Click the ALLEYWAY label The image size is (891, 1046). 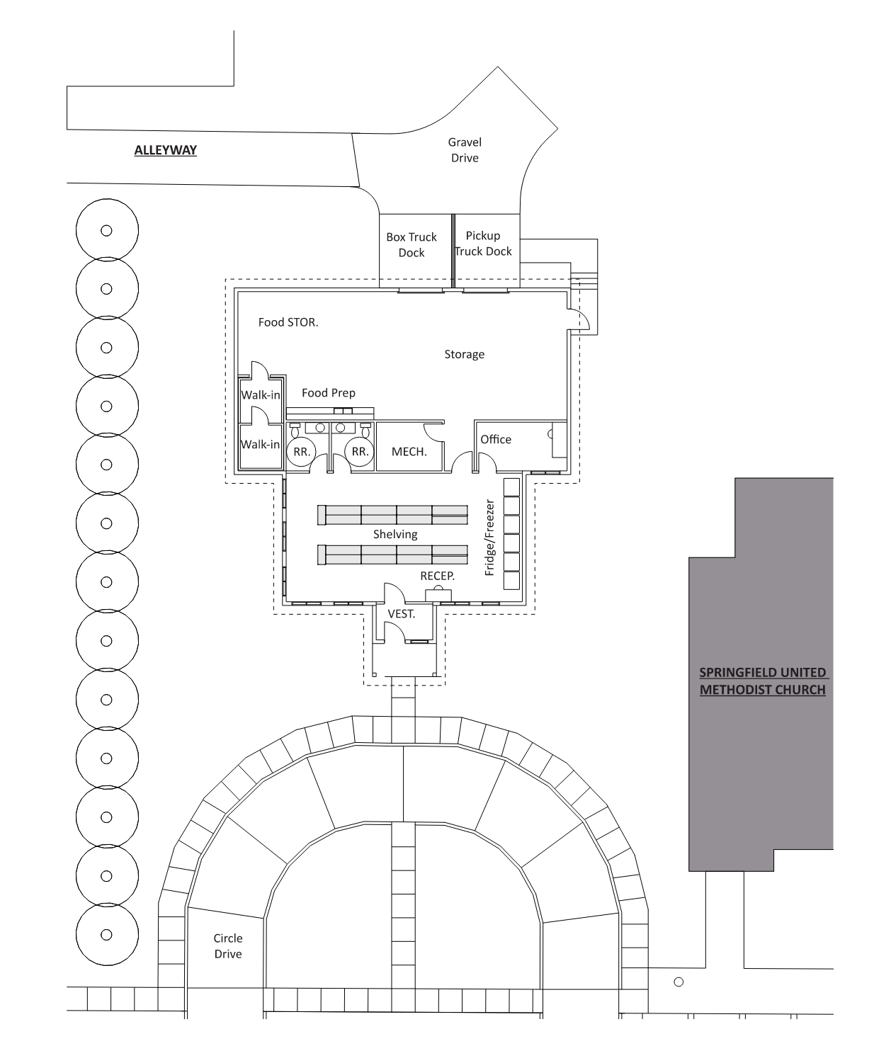(165, 150)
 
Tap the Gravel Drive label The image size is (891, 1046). (464, 150)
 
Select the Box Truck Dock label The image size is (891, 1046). (411, 245)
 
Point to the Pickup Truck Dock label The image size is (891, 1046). (483, 244)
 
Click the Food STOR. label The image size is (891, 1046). (288, 322)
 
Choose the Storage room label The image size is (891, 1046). (464, 354)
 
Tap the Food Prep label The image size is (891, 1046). (329, 393)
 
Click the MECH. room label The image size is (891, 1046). (409, 451)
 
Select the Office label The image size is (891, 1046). (496, 439)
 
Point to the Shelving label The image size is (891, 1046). (395, 535)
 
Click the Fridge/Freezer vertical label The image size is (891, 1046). (489, 538)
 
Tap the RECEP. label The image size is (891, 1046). (438, 576)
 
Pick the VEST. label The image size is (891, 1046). (402, 614)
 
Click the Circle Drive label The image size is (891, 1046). (228, 946)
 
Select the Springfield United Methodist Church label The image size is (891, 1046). (762, 681)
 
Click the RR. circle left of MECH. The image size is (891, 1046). (361, 451)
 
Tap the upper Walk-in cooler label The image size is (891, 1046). (260, 395)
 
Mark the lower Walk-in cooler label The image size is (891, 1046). (260, 444)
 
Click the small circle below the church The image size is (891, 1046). (679, 982)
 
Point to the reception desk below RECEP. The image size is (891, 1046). (438, 595)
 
